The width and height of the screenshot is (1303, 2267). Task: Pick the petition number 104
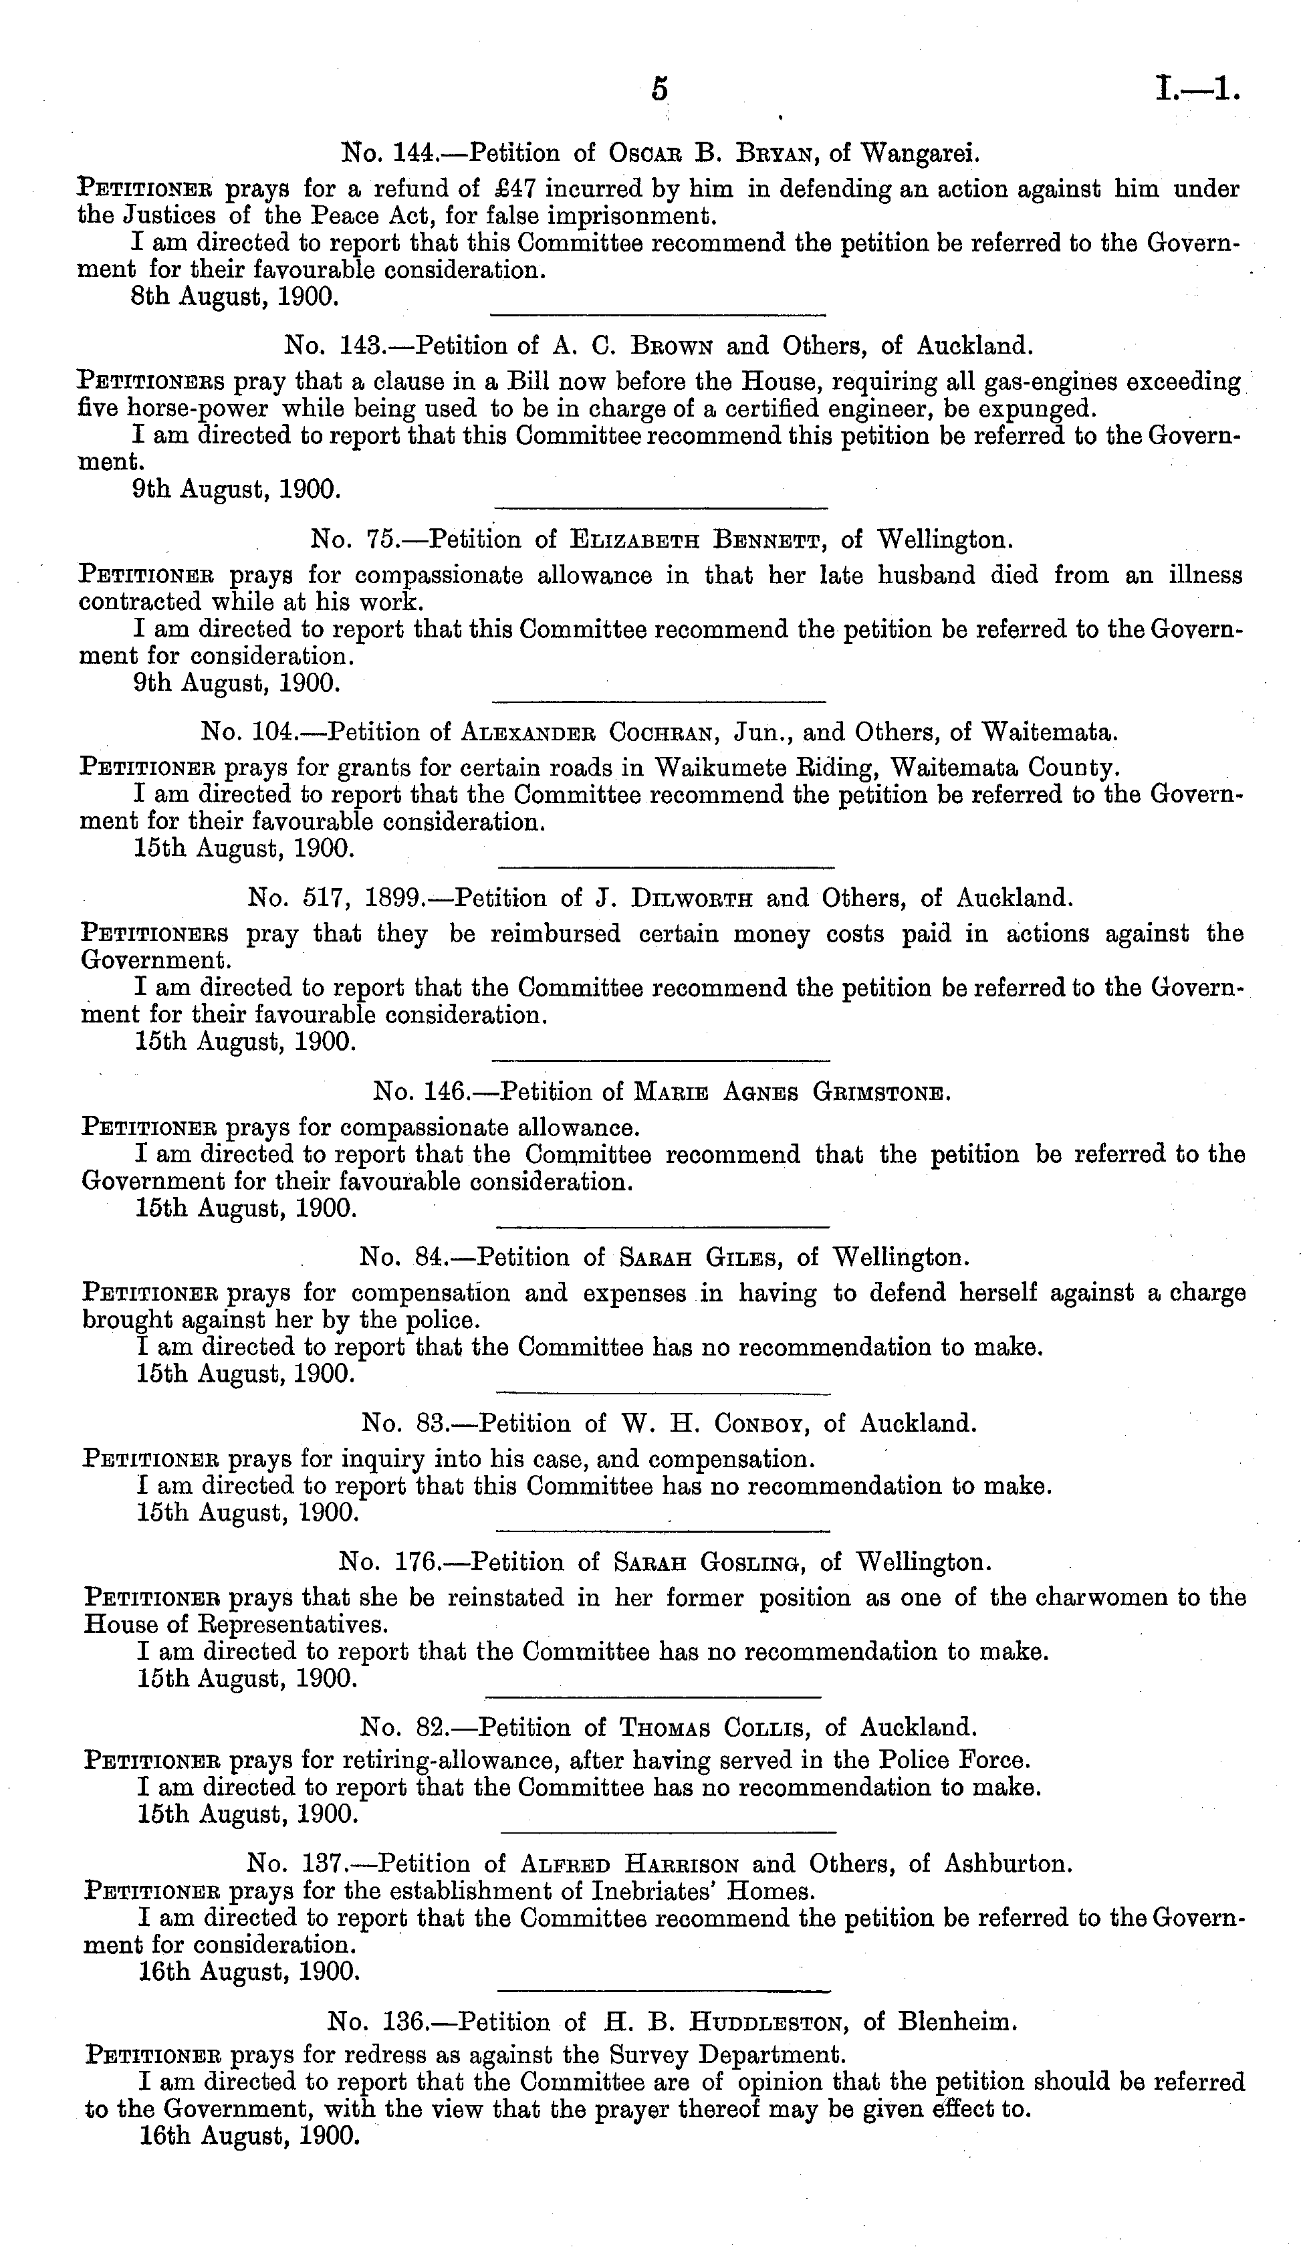pyautogui.click(x=267, y=733)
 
